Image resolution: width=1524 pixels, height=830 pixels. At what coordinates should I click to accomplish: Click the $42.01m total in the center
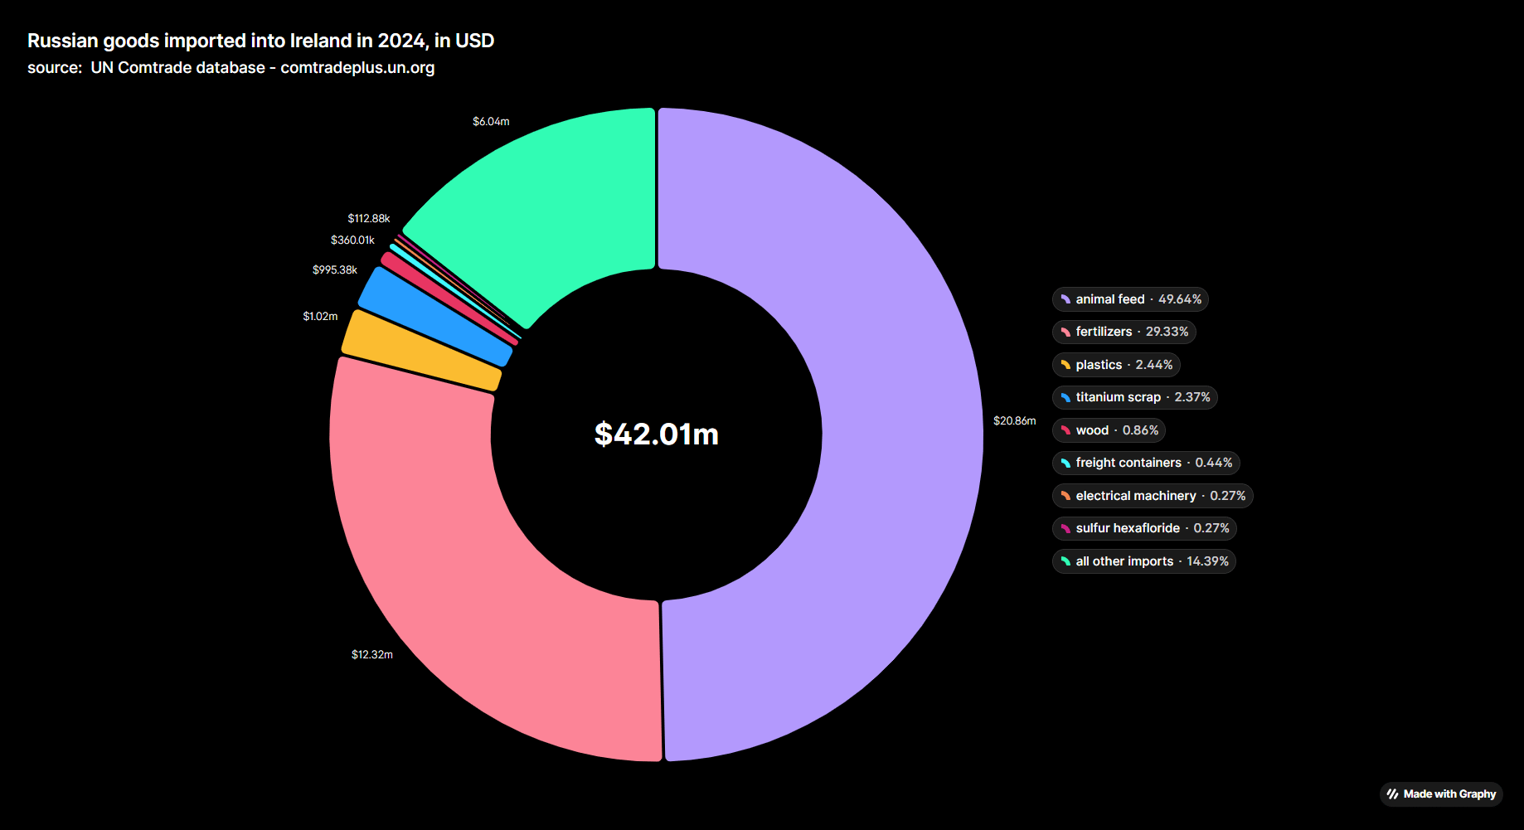click(657, 434)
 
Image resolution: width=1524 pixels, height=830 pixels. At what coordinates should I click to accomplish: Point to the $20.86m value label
click(1014, 421)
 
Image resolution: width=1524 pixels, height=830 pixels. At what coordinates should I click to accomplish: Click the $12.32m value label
click(372, 655)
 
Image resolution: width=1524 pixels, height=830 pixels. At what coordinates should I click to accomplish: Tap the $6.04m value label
click(491, 122)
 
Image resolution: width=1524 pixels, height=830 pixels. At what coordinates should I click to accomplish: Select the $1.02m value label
click(320, 317)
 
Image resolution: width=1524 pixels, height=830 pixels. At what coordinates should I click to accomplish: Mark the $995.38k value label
click(335, 270)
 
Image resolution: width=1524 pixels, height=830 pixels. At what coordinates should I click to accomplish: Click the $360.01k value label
click(352, 240)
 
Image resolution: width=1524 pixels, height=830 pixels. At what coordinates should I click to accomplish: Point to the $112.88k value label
click(368, 219)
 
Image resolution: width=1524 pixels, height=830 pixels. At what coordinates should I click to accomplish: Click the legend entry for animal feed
click(1130, 299)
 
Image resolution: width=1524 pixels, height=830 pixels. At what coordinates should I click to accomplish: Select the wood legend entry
click(1109, 430)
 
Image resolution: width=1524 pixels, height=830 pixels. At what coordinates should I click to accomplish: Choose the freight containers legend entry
click(1146, 463)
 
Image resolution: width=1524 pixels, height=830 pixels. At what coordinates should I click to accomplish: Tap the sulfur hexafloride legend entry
click(1144, 528)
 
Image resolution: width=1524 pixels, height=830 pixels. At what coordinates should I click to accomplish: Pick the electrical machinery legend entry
click(1153, 496)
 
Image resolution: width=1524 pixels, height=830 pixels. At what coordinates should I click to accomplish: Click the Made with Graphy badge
click(1441, 794)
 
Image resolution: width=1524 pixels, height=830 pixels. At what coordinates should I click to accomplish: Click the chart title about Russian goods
click(260, 41)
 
